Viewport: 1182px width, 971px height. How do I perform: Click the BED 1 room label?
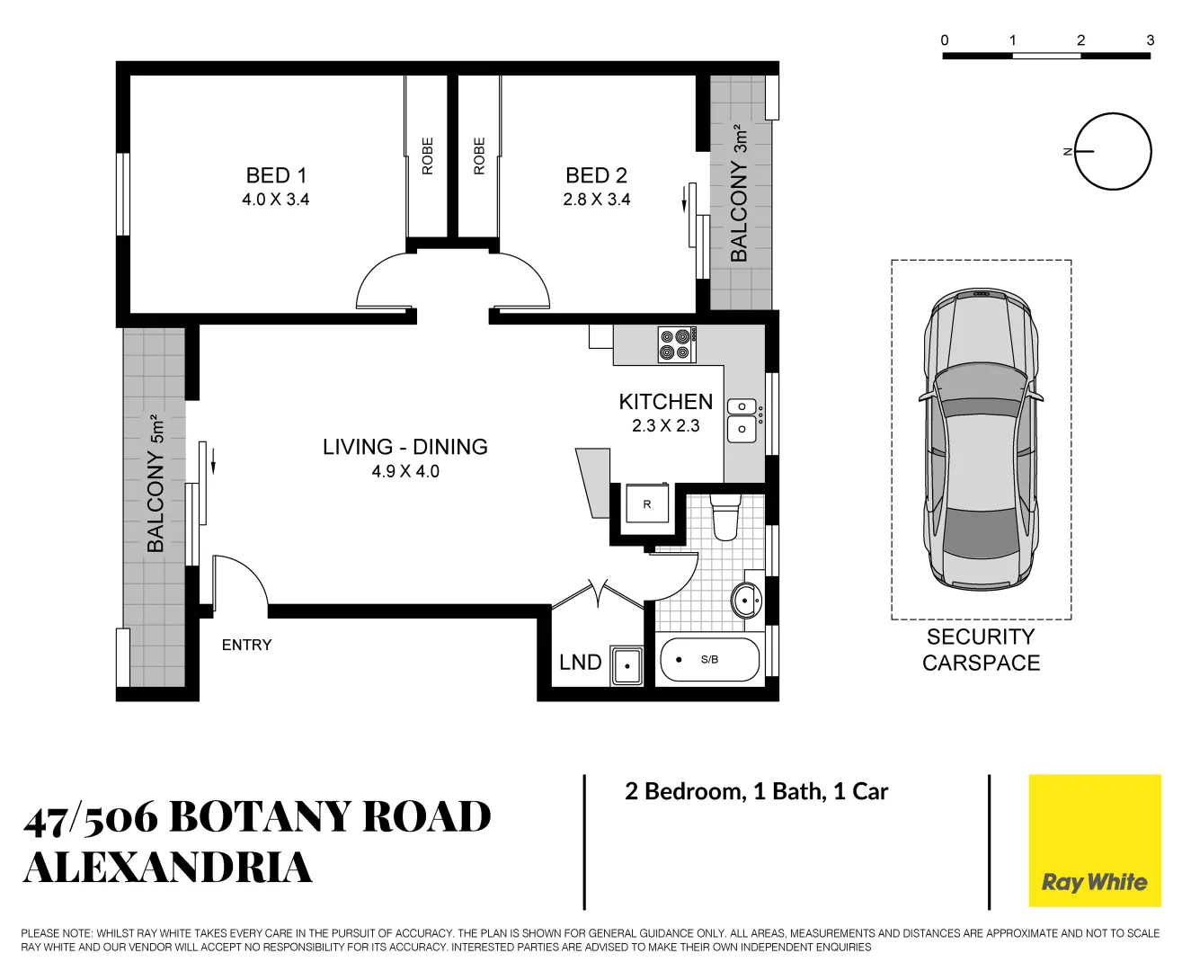[276, 175]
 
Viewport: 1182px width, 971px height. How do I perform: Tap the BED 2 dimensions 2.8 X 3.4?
[597, 200]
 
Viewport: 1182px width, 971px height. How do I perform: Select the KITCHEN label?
[665, 402]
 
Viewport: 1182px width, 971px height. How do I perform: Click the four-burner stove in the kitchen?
[677, 344]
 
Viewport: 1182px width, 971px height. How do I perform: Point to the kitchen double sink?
[742, 418]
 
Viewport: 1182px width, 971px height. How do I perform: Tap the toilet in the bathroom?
[724, 517]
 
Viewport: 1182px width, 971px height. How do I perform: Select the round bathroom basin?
[746, 600]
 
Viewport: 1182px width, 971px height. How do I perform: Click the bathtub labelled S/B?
[709, 660]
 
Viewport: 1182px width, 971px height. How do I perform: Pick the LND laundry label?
[580, 663]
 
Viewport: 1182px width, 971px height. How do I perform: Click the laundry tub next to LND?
[627, 665]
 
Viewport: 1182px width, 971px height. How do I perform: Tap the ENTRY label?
[246, 645]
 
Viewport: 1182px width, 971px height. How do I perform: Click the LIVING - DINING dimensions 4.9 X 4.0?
[405, 471]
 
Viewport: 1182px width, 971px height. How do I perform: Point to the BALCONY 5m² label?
[156, 484]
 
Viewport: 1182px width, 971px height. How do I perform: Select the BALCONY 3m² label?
[740, 193]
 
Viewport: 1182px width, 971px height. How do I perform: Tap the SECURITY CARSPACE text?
[981, 649]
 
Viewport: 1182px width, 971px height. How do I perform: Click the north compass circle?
[1113, 151]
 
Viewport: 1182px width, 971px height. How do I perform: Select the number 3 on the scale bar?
[1150, 40]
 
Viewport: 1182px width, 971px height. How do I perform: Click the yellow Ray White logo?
[1094, 841]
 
